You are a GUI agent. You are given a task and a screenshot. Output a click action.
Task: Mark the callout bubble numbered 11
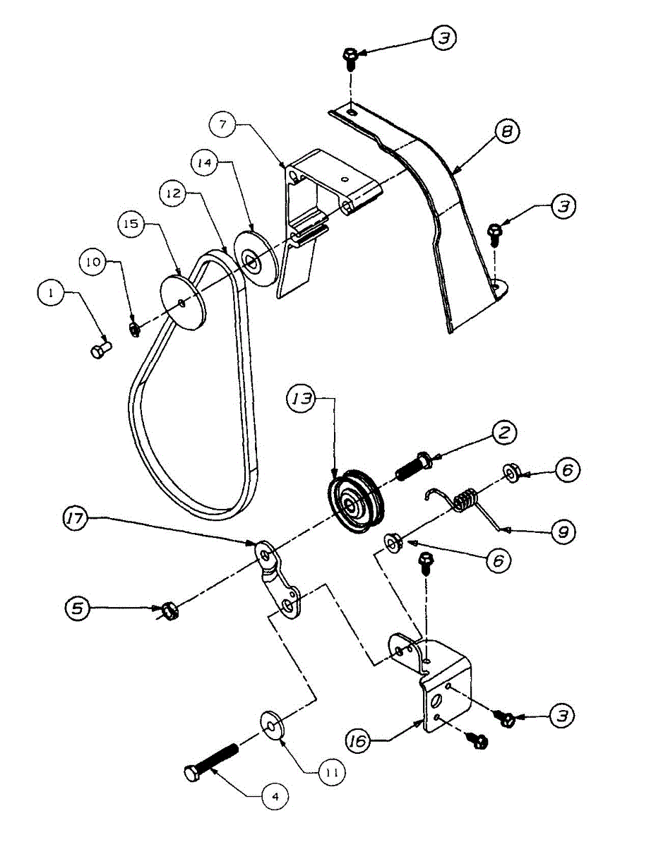click(x=331, y=772)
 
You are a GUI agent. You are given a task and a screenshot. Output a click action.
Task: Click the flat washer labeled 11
click(x=272, y=723)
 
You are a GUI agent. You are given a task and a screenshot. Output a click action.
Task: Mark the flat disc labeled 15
click(x=182, y=302)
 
